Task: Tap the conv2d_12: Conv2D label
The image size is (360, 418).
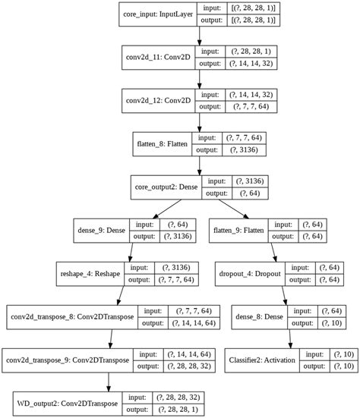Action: [158, 99]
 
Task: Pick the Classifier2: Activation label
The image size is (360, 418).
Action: [263, 359]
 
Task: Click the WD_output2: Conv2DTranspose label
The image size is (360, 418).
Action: [68, 402]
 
